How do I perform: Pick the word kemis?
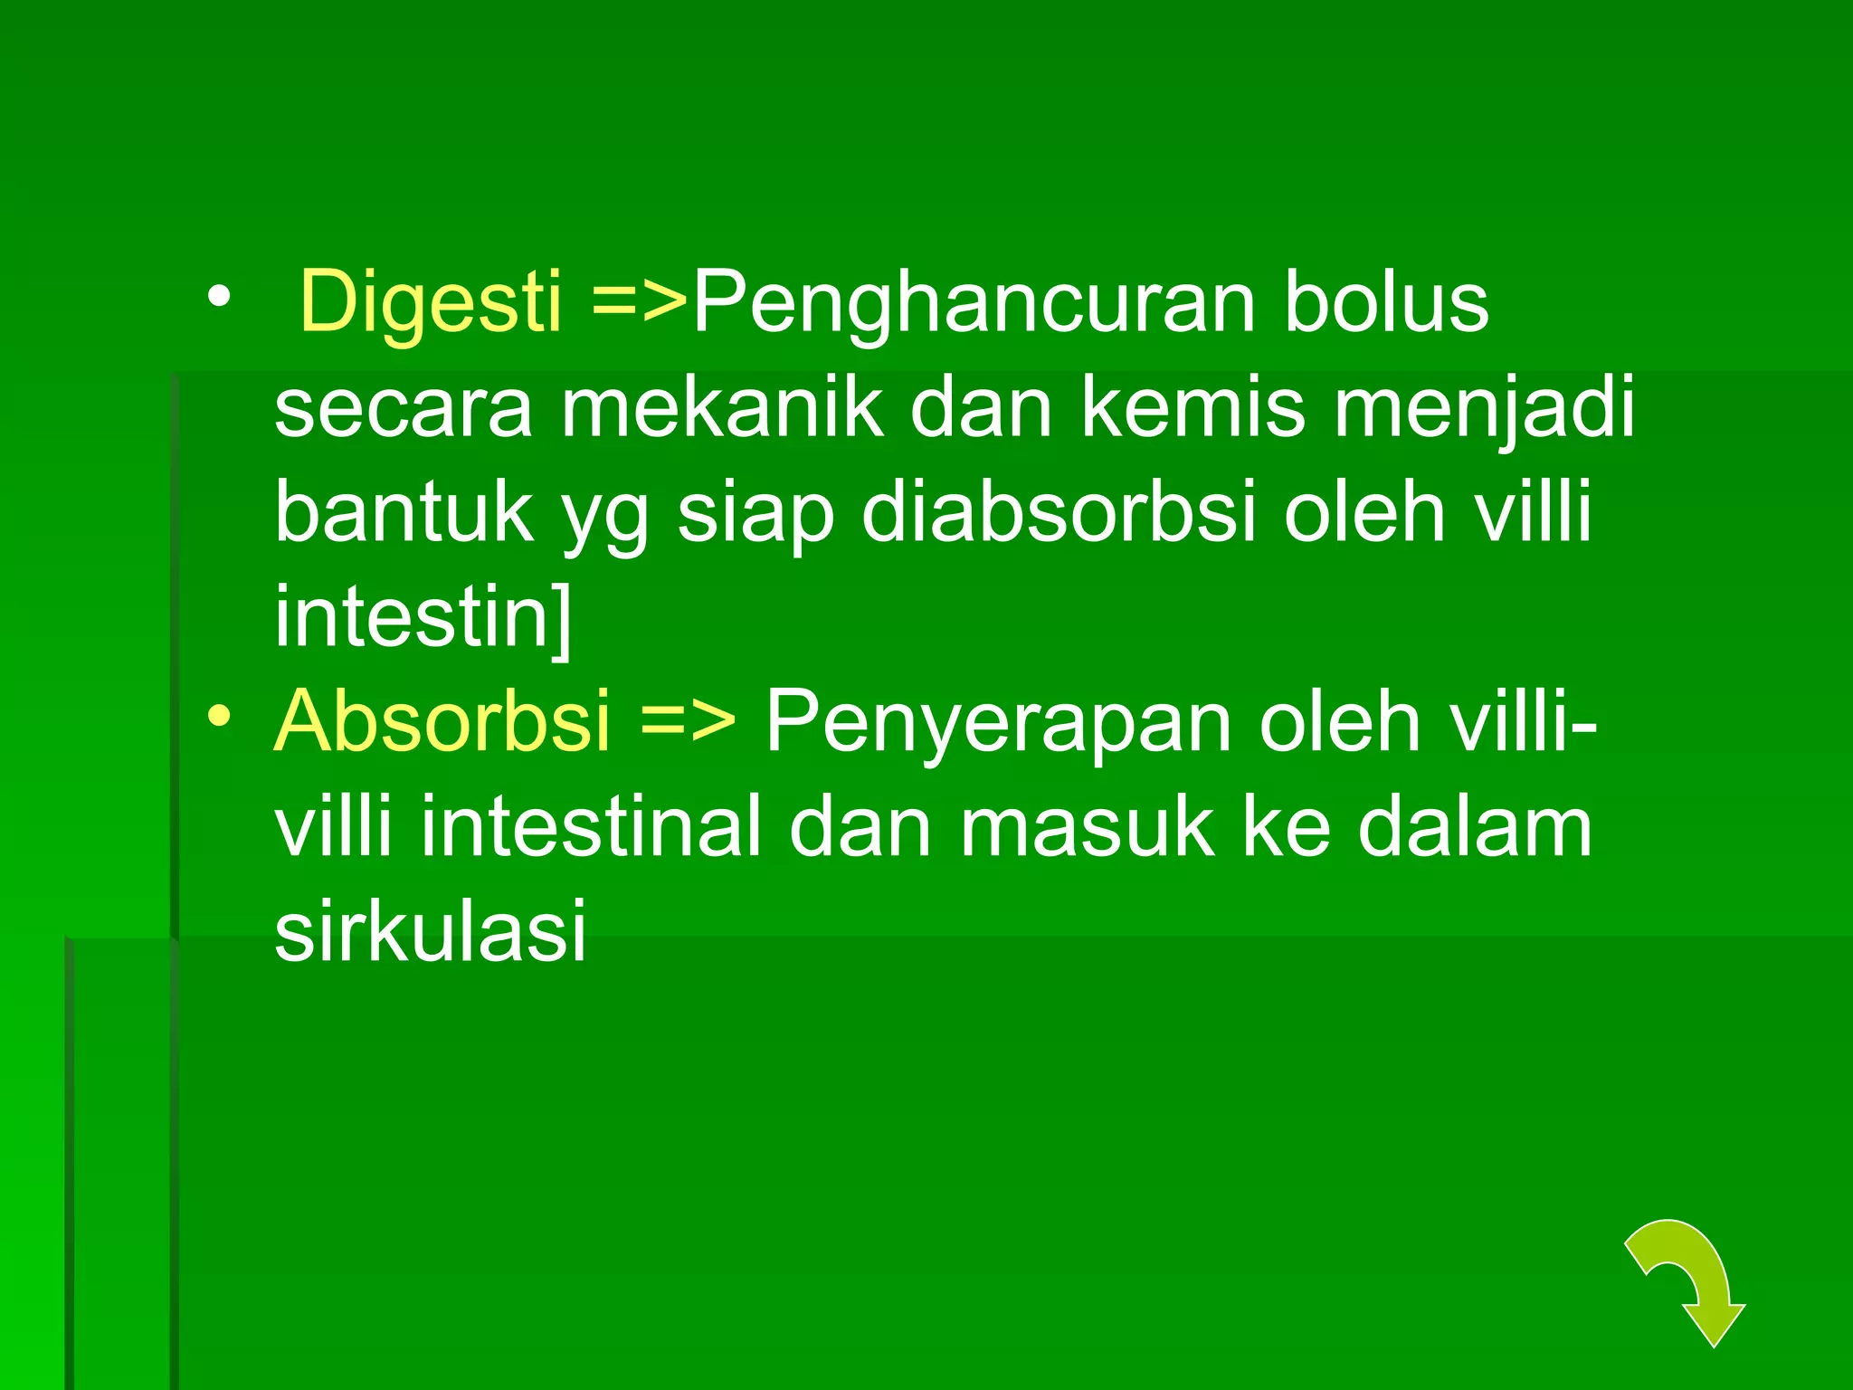click(1193, 407)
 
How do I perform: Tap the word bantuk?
click(404, 512)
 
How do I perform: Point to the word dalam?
click(1474, 826)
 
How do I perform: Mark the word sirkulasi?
click(431, 931)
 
